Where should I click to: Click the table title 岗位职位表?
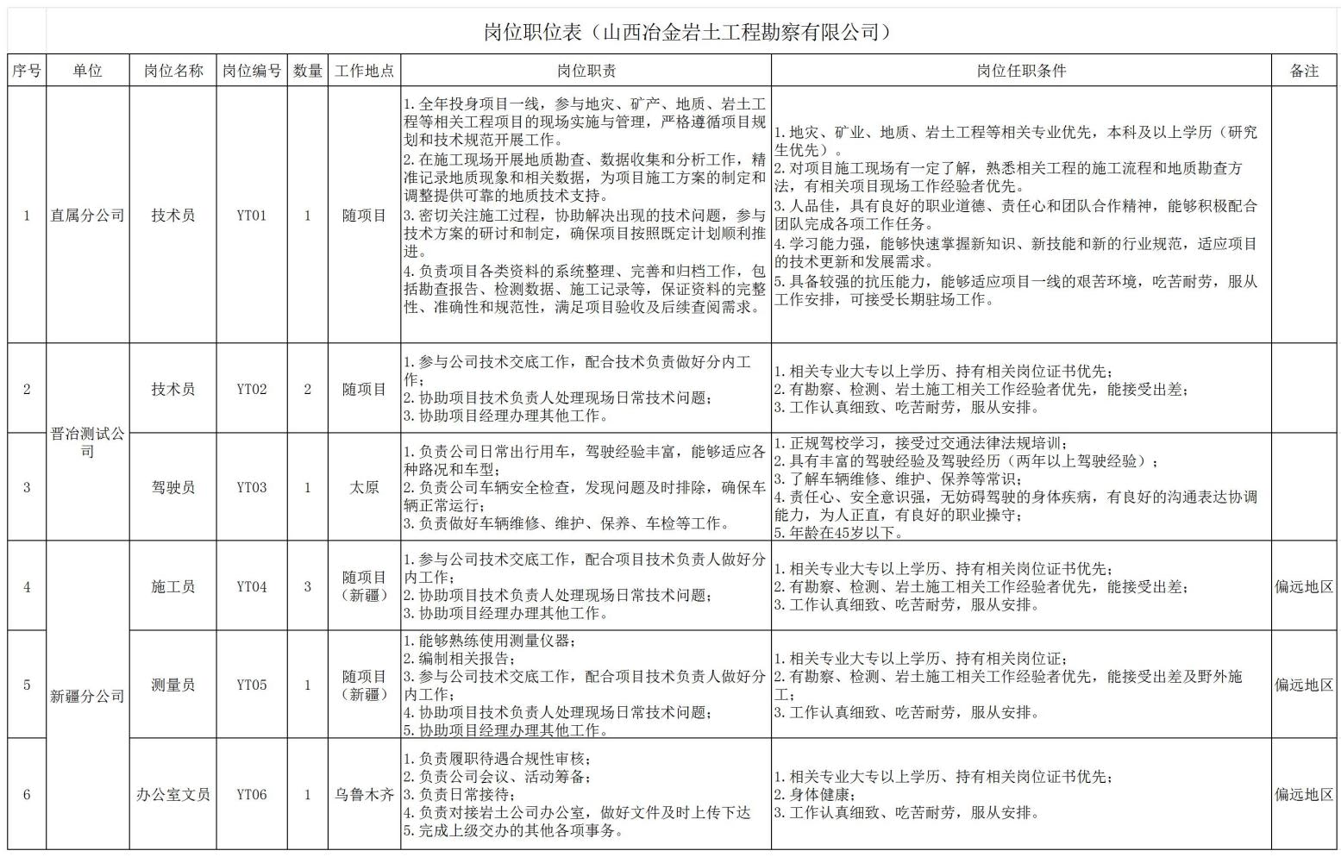click(x=686, y=33)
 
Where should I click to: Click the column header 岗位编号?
click(x=252, y=71)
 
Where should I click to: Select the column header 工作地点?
click(x=365, y=71)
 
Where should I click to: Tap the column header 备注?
click(x=1304, y=71)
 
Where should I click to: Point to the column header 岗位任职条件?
click(x=1021, y=71)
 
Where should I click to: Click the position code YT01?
click(x=252, y=216)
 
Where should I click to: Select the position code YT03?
click(x=252, y=487)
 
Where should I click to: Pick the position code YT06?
click(x=252, y=794)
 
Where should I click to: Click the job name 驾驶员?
click(x=173, y=487)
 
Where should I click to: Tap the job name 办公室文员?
click(x=173, y=794)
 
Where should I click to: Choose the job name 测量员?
click(x=173, y=685)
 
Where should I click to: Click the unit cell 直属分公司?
click(x=87, y=216)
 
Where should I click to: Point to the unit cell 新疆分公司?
click(x=87, y=696)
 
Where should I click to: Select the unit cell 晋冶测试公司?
click(x=87, y=442)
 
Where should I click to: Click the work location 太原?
click(x=365, y=487)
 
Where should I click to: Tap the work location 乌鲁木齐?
click(x=365, y=794)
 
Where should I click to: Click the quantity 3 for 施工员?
click(x=308, y=586)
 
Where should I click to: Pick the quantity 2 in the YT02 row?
click(x=308, y=389)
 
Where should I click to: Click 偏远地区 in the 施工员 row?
click(x=1304, y=586)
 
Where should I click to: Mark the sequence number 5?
click(x=27, y=685)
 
